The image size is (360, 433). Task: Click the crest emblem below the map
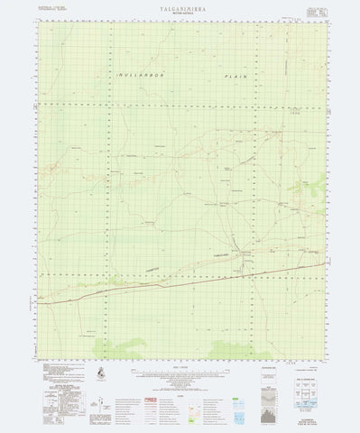(x=98, y=373)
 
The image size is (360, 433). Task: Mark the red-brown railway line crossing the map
(x=180, y=272)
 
